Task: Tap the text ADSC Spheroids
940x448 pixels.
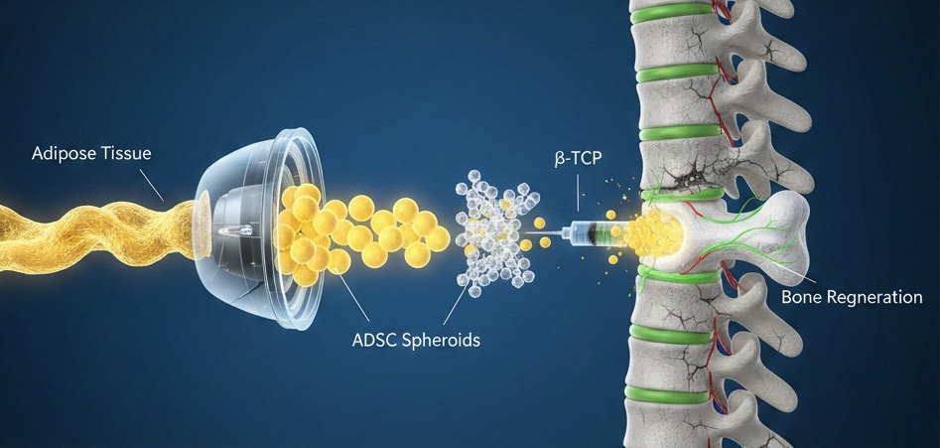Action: (x=416, y=341)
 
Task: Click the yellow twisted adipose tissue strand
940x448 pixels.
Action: (x=89, y=224)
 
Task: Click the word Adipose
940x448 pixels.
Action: (x=63, y=154)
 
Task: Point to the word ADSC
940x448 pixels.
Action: (x=374, y=341)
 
